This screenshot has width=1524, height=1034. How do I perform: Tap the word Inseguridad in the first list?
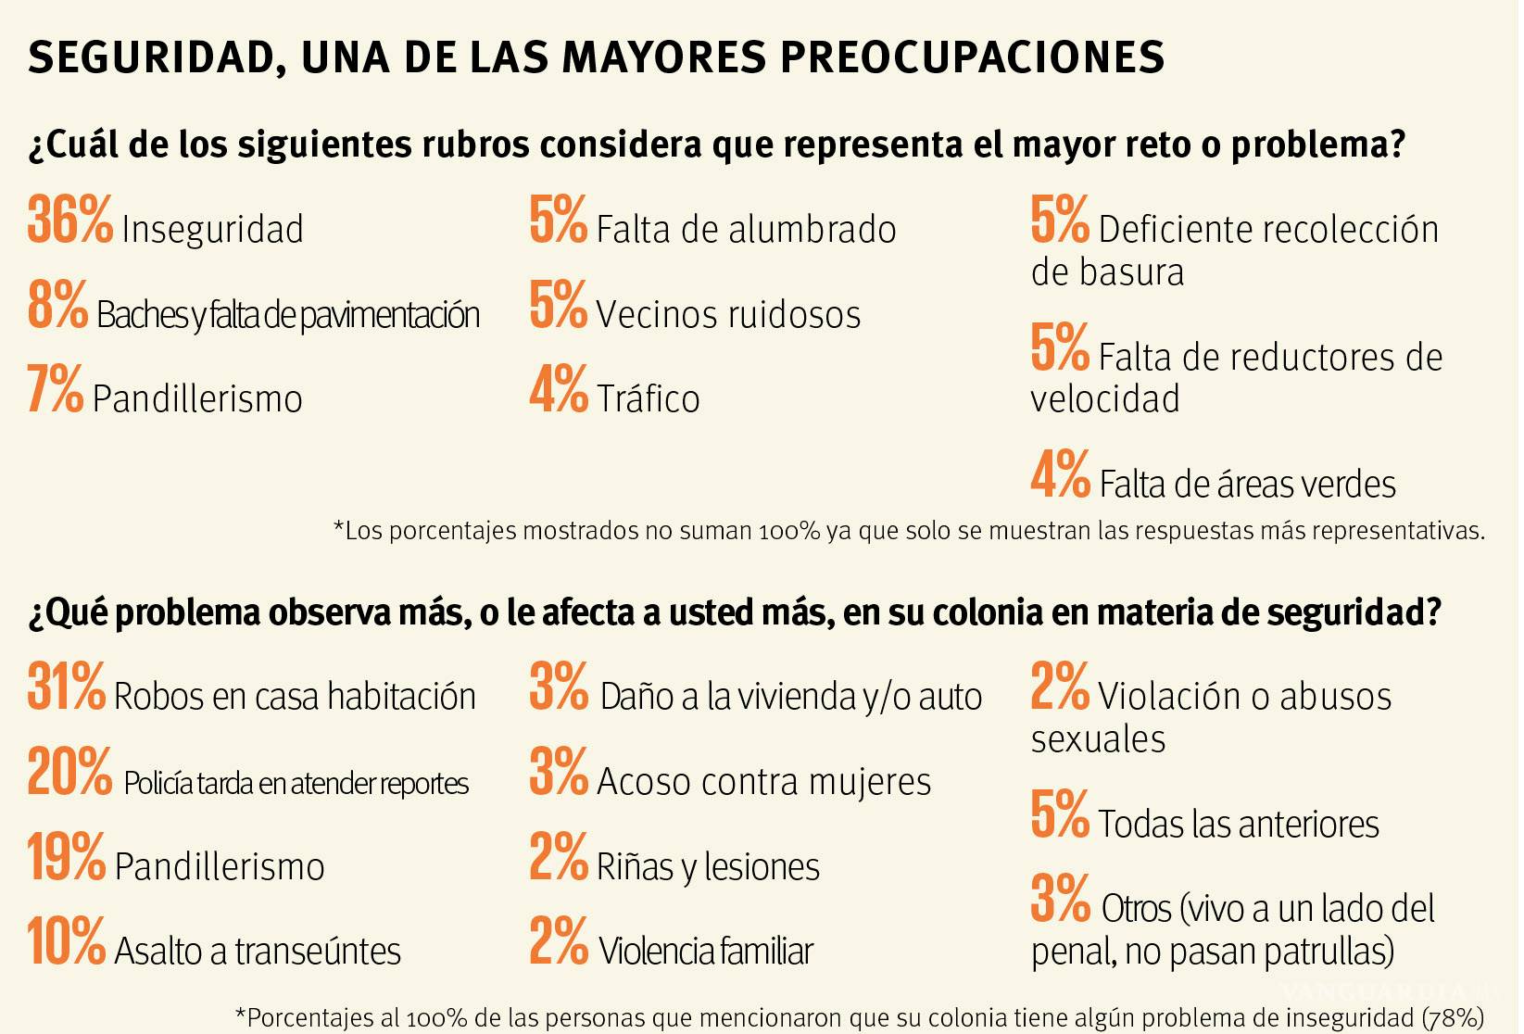click(212, 230)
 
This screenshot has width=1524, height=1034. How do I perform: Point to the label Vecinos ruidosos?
click(728, 315)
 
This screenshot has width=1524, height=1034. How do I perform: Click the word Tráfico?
click(648, 399)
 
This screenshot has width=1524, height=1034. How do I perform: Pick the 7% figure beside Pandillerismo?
click(55, 390)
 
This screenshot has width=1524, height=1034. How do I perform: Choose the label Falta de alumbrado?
click(746, 230)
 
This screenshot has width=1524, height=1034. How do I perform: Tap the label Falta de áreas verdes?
click(1247, 485)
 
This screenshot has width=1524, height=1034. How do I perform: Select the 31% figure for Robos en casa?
click(66, 687)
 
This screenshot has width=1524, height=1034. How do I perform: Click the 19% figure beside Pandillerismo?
click(66, 858)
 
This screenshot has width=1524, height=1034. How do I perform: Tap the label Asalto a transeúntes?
click(258, 952)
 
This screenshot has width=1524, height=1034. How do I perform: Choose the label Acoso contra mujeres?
click(763, 782)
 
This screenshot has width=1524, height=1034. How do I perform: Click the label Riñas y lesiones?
click(708, 867)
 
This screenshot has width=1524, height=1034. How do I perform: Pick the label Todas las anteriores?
click(1239, 825)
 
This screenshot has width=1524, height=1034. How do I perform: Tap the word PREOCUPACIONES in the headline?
click(972, 57)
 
